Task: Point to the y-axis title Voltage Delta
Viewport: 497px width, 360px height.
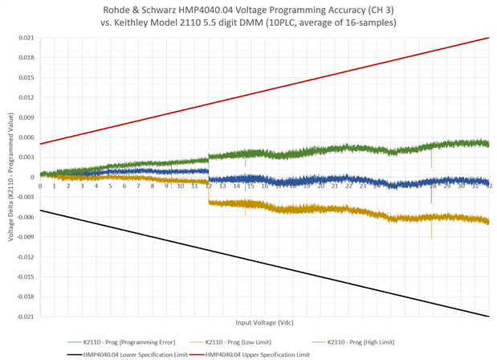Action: pos(11,177)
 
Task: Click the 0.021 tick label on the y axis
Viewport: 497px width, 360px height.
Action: pos(26,39)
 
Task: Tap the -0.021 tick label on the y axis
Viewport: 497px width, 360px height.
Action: pos(26,317)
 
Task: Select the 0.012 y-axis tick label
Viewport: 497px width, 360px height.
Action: pos(26,98)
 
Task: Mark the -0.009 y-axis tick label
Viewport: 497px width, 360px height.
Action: pos(26,237)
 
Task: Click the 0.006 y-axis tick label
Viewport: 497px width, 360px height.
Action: pos(26,137)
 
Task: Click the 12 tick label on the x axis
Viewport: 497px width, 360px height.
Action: pos(208,186)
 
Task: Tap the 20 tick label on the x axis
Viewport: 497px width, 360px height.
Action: pos(320,186)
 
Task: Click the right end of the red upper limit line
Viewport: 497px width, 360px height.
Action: pos(489,38)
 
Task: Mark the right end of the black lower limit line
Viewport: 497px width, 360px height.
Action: pos(489,316)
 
